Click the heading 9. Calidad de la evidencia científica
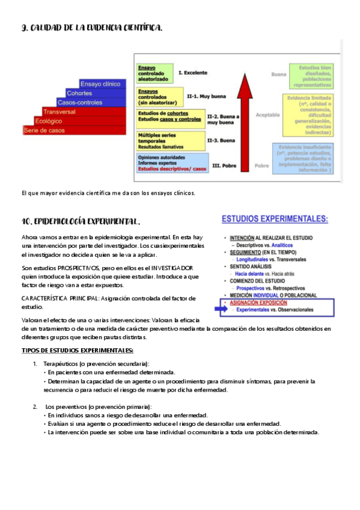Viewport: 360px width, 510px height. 91,28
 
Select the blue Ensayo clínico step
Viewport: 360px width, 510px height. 101,84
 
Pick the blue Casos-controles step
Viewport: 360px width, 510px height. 79,102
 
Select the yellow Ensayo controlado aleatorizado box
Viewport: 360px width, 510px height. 155,72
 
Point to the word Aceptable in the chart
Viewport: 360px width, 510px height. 268,114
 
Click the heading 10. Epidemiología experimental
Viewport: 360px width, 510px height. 81,221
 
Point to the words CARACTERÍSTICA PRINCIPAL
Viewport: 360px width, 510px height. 59,298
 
